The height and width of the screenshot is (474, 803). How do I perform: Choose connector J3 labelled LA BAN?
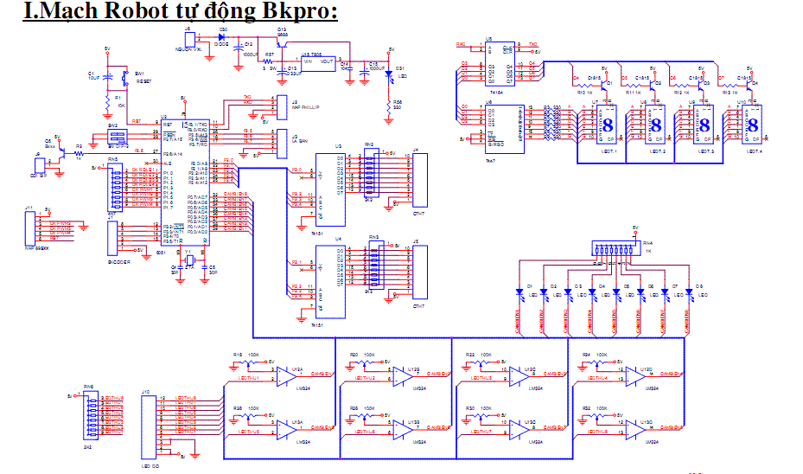(x=282, y=138)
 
